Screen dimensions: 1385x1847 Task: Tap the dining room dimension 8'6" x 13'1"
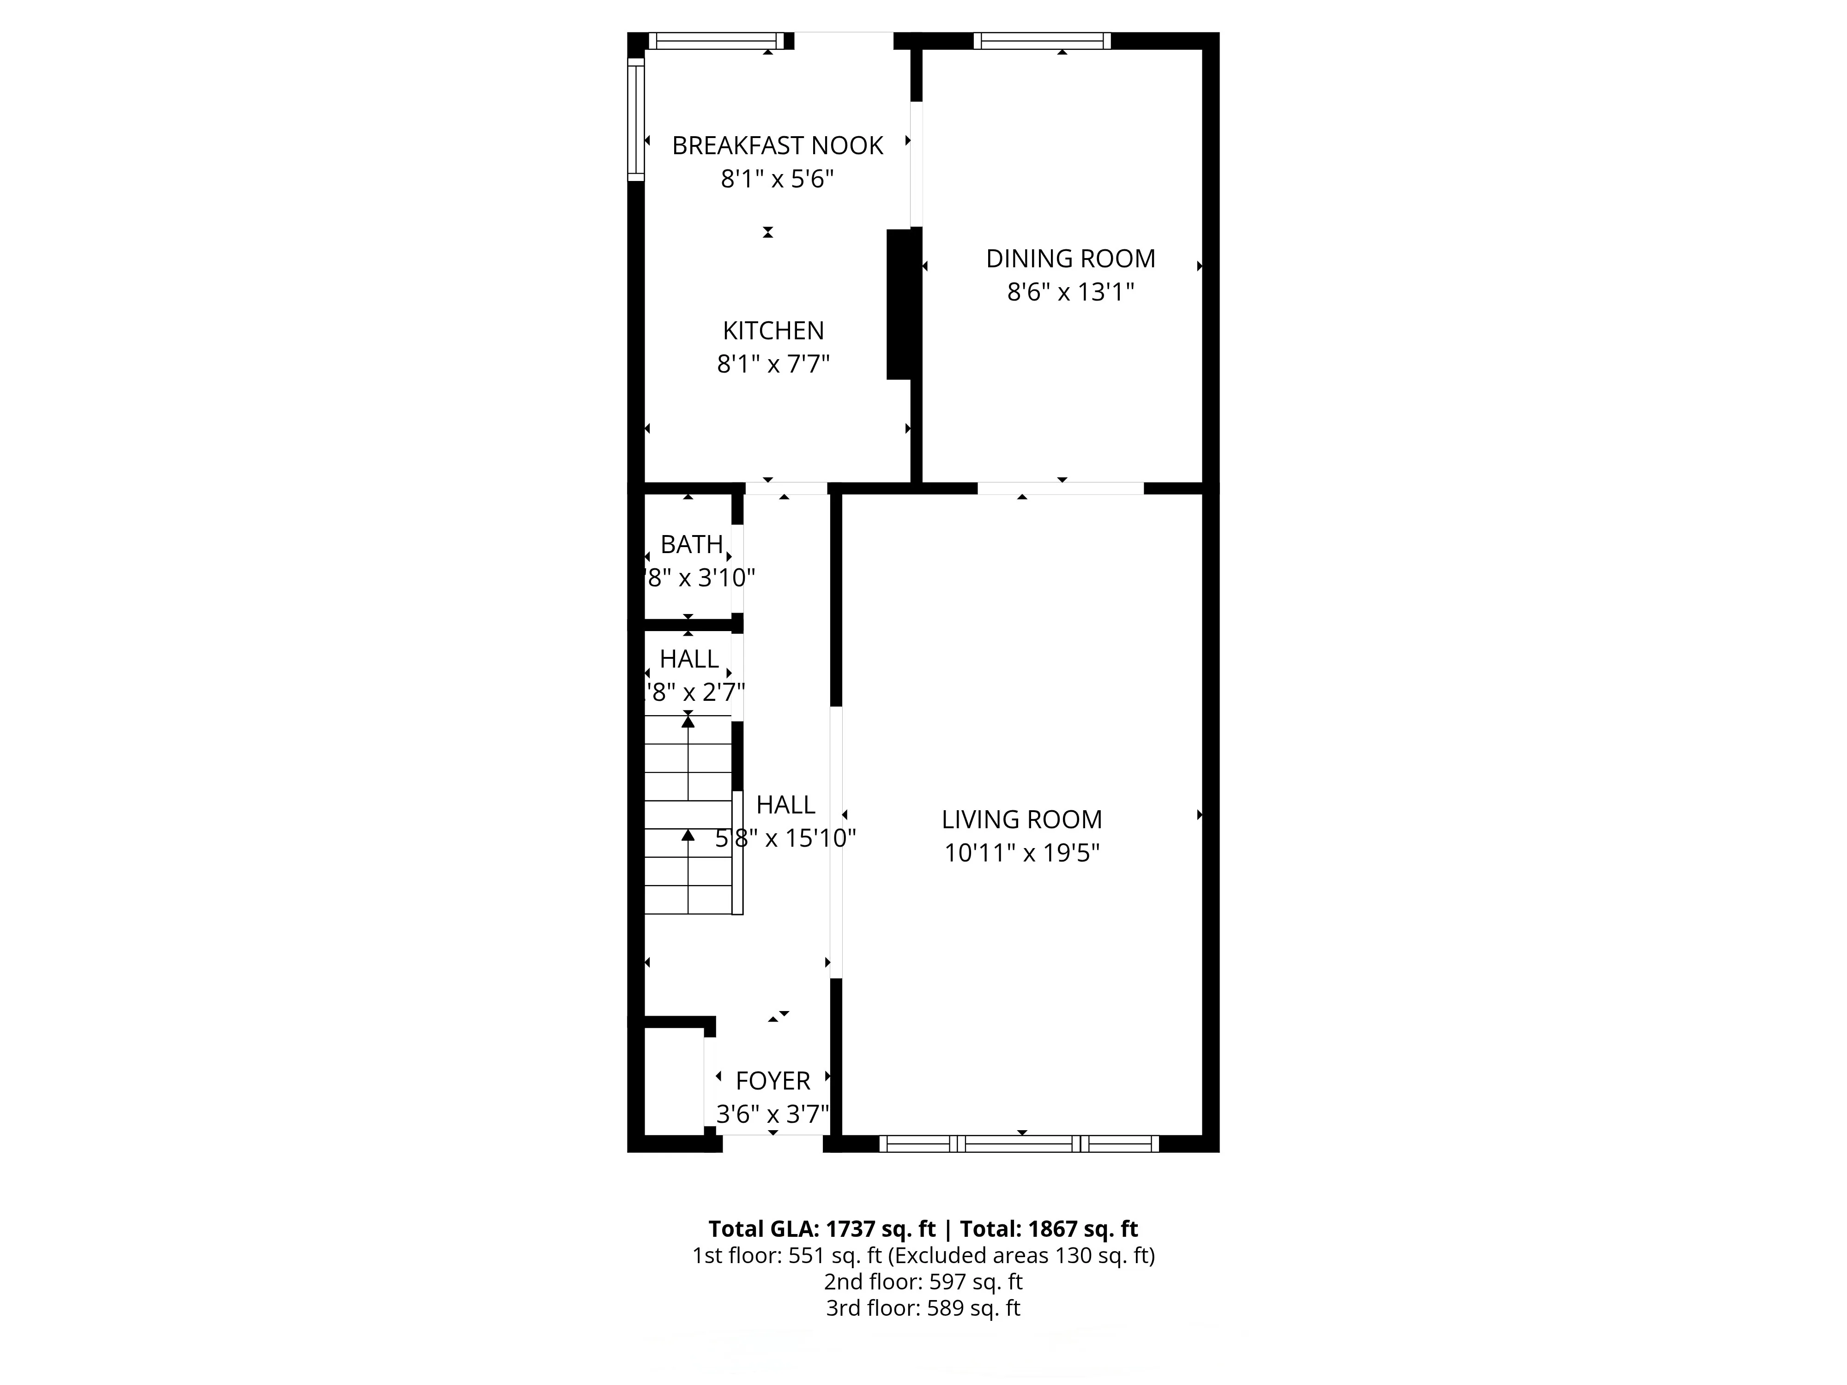(x=1070, y=292)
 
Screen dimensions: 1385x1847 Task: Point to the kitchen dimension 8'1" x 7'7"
(x=773, y=364)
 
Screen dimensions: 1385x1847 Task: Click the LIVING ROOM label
(x=1022, y=820)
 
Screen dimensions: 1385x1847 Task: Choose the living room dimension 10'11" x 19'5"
(x=1022, y=853)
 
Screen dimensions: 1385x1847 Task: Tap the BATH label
(x=691, y=544)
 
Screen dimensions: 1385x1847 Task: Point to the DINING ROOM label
(x=1070, y=259)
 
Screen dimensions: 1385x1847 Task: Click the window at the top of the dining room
(x=1041, y=41)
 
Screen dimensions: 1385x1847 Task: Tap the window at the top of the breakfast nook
(x=717, y=41)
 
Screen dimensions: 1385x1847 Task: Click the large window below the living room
(x=1019, y=1144)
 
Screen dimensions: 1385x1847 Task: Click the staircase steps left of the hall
(x=688, y=814)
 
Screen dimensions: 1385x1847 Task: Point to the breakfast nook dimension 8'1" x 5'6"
(x=778, y=179)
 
